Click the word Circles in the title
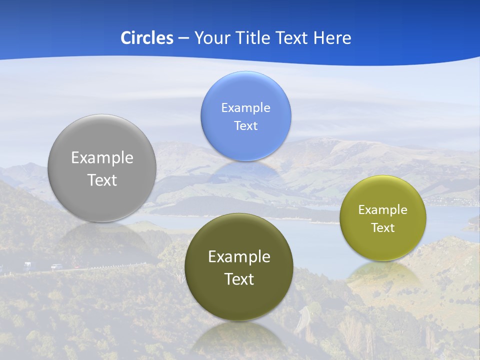pyautogui.click(x=146, y=38)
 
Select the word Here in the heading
pyautogui.click(x=332, y=38)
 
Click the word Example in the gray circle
pyautogui.click(x=102, y=158)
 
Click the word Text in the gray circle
pyautogui.click(x=102, y=180)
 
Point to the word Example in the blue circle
pyautogui.click(x=245, y=108)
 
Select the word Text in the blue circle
pyautogui.click(x=245, y=125)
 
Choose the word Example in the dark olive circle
pyautogui.click(x=239, y=257)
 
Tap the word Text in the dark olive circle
pyautogui.click(x=239, y=279)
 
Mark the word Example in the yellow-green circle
pyautogui.click(x=383, y=210)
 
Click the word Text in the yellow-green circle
pyautogui.click(x=383, y=228)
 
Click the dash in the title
pyautogui.click(x=183, y=38)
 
